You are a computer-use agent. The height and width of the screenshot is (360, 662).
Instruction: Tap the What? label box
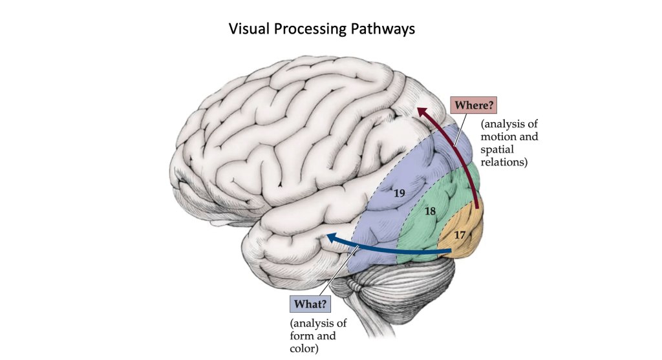tap(310, 302)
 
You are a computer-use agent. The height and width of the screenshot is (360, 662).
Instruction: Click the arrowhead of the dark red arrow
tap(421, 112)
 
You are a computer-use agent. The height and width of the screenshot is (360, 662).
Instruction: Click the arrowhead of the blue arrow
tap(331, 238)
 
